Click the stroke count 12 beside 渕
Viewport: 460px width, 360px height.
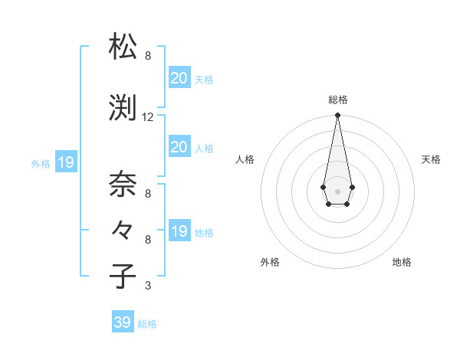(148, 117)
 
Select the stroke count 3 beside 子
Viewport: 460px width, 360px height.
(147, 286)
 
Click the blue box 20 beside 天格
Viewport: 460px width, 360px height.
(179, 77)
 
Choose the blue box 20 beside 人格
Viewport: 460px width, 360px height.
(179, 147)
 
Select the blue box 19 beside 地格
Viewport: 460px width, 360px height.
(179, 231)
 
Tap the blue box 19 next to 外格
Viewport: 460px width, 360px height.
(65, 162)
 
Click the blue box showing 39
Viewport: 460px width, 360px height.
(123, 322)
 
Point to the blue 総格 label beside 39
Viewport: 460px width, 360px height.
(147, 324)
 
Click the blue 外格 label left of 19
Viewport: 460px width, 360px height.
(41, 163)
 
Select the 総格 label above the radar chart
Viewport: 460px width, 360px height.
(337, 100)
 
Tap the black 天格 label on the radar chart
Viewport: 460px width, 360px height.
(431, 159)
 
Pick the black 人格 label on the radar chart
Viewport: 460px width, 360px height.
(245, 159)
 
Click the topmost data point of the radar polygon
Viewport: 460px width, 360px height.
(337, 116)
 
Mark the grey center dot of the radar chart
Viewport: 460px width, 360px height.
(337, 190)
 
